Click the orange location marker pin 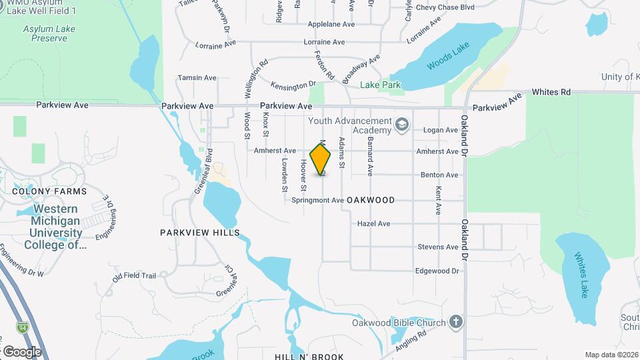321,161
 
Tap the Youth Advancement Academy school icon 401,125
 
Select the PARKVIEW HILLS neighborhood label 200,233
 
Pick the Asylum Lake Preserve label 45,33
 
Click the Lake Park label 381,85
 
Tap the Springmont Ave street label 317,200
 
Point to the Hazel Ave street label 374,224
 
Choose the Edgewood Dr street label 437,271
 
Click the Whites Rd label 551,91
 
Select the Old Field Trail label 134,275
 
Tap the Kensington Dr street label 293,85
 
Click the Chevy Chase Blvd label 445,7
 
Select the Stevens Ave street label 438,247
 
